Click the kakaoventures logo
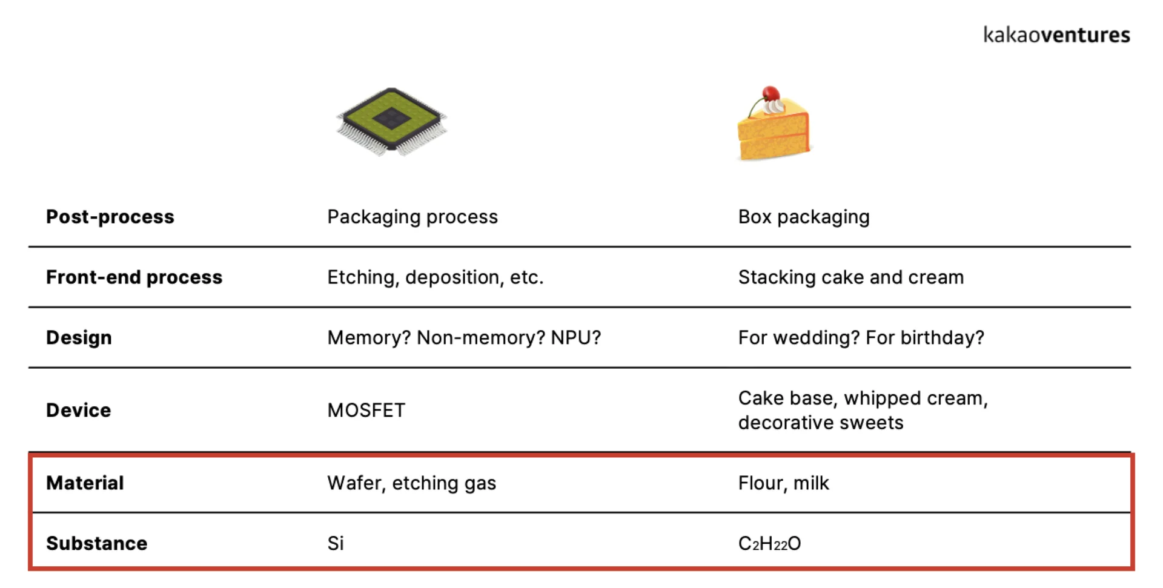click(1056, 35)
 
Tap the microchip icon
click(392, 121)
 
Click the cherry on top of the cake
click(770, 94)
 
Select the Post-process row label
click(110, 217)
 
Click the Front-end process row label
click(134, 277)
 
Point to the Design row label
click(79, 338)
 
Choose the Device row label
click(78, 411)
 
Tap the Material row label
click(85, 483)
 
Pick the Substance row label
click(96, 544)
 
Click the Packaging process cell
click(412, 217)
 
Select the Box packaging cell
click(803, 217)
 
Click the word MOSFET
click(366, 411)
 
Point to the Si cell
click(336, 544)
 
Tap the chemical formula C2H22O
click(769, 544)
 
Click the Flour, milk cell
click(783, 483)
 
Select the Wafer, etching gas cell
click(411, 483)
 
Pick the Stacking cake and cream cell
click(850, 277)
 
